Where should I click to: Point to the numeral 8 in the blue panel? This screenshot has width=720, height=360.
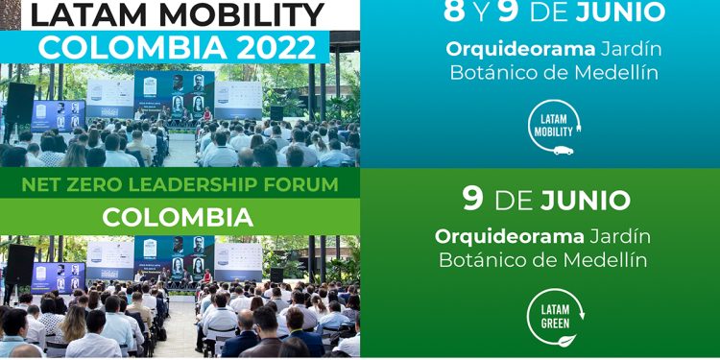tap(454, 12)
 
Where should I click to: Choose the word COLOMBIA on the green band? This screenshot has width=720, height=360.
tap(179, 218)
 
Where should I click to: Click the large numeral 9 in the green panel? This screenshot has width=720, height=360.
tap(472, 198)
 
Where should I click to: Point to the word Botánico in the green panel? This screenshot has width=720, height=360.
tap(479, 260)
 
